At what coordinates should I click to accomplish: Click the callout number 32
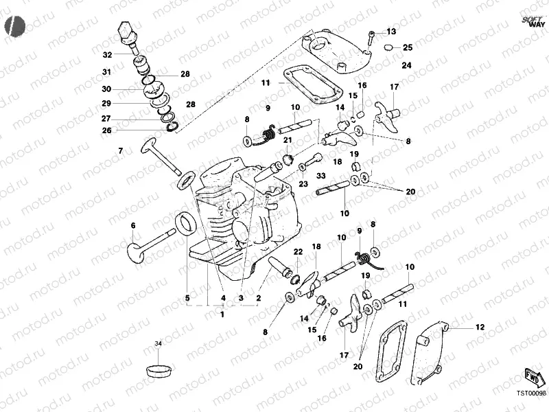tap(107, 55)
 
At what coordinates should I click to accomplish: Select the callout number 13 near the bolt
tap(391, 32)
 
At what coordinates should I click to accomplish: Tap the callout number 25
tap(408, 47)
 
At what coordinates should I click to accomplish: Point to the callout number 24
tap(406, 65)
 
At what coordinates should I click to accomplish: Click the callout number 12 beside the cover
tap(479, 327)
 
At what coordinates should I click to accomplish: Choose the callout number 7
tap(120, 150)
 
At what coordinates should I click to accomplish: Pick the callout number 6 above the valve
tap(133, 225)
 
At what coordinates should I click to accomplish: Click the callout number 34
tap(158, 343)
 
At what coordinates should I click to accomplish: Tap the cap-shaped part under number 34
tap(159, 368)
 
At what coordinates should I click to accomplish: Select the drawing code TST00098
tap(531, 395)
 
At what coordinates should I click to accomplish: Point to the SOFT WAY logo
tap(533, 21)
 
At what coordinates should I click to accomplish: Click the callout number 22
tap(298, 252)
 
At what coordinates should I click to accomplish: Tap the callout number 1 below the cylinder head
tap(222, 314)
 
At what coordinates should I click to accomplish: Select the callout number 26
tap(106, 130)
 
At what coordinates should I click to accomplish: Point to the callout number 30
tap(106, 89)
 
